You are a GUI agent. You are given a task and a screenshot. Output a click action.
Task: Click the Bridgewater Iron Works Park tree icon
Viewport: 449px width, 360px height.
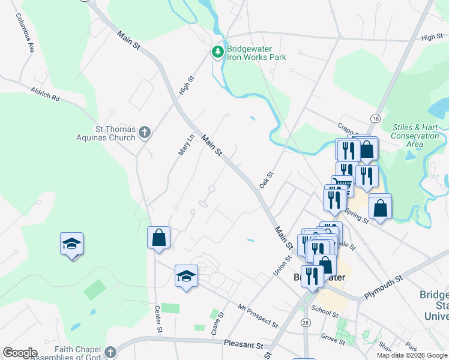point(217,53)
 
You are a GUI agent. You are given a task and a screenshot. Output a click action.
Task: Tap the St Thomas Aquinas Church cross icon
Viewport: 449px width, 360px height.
point(144,133)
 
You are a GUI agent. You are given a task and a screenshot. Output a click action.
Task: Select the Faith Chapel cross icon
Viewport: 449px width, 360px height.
point(109,352)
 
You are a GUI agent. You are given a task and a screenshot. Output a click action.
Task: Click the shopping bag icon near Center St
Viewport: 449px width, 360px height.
point(159,238)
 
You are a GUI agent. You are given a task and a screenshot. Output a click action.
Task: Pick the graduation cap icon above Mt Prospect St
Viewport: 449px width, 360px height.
point(186,277)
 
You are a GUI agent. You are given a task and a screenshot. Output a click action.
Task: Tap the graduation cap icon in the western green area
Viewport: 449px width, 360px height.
point(71,244)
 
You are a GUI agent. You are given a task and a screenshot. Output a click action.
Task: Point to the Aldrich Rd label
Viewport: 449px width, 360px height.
point(46,94)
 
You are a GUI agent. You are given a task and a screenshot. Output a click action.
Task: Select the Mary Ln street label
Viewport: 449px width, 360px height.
point(186,145)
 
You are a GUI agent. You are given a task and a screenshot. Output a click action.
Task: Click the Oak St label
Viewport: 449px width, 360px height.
point(267,179)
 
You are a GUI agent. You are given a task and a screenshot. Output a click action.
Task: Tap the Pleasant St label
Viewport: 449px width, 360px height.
point(243,346)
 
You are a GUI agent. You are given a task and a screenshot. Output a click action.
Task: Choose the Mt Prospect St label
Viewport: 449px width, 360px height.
point(258,316)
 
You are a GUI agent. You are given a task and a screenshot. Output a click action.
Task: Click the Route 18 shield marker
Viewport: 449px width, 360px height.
point(375,118)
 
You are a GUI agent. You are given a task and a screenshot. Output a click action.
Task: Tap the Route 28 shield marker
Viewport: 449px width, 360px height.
point(306,323)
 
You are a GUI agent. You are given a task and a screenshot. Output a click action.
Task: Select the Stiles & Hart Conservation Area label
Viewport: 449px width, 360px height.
point(415,136)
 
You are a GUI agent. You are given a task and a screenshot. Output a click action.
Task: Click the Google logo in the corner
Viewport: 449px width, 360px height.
point(20,353)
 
